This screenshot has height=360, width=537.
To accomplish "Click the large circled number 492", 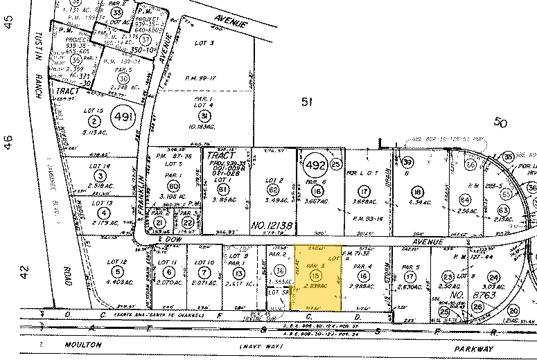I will coord(315,165).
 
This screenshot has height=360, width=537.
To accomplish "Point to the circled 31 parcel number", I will coord(204,115).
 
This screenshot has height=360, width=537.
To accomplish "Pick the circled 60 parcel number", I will coord(173,186).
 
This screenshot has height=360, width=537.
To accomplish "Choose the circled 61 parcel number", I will coord(222,190).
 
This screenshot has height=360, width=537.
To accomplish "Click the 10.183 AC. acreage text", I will coord(204,127).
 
